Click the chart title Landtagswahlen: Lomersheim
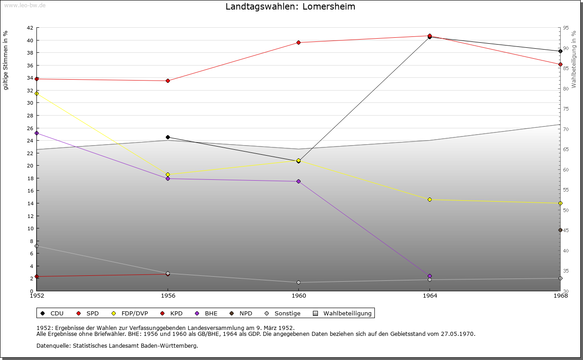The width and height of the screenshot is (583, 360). click(x=290, y=7)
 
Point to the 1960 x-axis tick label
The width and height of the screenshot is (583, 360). click(x=299, y=296)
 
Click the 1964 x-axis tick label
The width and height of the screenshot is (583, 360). click(x=430, y=296)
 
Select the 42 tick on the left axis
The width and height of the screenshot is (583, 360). click(x=29, y=28)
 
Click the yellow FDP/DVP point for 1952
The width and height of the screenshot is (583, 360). click(x=37, y=93)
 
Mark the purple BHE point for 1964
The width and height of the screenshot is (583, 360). click(x=430, y=276)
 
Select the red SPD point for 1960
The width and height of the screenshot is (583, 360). click(x=299, y=43)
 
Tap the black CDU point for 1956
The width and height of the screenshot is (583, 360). click(x=168, y=137)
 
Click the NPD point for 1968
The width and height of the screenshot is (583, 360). click(x=560, y=230)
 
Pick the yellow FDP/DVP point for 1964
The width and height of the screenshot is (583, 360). click(x=430, y=200)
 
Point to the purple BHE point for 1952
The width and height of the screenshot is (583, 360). click(x=37, y=133)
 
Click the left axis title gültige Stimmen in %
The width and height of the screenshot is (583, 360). click(x=6, y=61)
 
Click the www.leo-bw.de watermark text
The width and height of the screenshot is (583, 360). click(x=24, y=5)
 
